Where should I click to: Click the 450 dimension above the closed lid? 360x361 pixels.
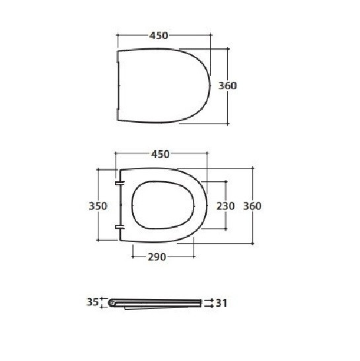tap(159, 36)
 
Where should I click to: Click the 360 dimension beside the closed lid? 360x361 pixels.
tap(227, 86)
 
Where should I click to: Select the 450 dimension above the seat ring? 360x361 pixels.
tap(160, 154)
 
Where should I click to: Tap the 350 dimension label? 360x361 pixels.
tap(98, 206)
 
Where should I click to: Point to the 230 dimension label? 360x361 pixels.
tap(225, 206)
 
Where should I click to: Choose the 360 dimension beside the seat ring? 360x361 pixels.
tap(252, 206)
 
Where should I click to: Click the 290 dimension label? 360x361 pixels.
tap(157, 257)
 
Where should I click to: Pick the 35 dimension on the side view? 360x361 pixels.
tap(92, 302)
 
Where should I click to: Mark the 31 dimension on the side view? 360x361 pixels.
tap(221, 303)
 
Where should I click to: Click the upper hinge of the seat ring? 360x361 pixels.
tap(120, 182)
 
